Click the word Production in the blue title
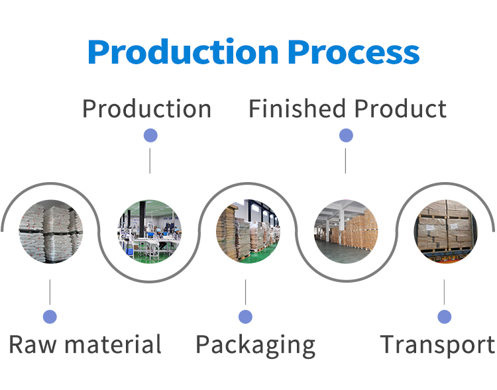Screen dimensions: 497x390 (x=183, y=52)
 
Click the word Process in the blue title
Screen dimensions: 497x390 (x=354, y=52)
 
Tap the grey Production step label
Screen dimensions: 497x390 (x=146, y=109)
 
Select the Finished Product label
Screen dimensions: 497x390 (x=348, y=109)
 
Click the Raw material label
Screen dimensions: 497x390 (x=85, y=344)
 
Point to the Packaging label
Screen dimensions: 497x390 (x=256, y=346)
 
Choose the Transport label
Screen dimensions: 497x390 (x=437, y=345)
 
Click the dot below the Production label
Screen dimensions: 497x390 (x=150, y=136)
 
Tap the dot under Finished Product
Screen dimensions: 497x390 (x=346, y=136)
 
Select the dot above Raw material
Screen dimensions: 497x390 (x=50, y=317)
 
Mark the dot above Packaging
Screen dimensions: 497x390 (x=245, y=317)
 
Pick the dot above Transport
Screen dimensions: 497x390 (x=445, y=317)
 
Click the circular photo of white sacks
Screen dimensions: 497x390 (x=51, y=231)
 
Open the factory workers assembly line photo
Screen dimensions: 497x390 (x=150, y=231)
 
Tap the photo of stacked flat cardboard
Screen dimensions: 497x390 (x=248, y=231)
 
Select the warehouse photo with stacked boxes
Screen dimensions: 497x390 (x=346, y=231)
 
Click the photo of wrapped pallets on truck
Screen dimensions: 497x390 (x=446, y=231)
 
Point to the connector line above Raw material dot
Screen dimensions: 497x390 (x=50, y=292)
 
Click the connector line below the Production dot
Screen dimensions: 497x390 (x=150, y=161)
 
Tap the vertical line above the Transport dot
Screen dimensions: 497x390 (x=444, y=292)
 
